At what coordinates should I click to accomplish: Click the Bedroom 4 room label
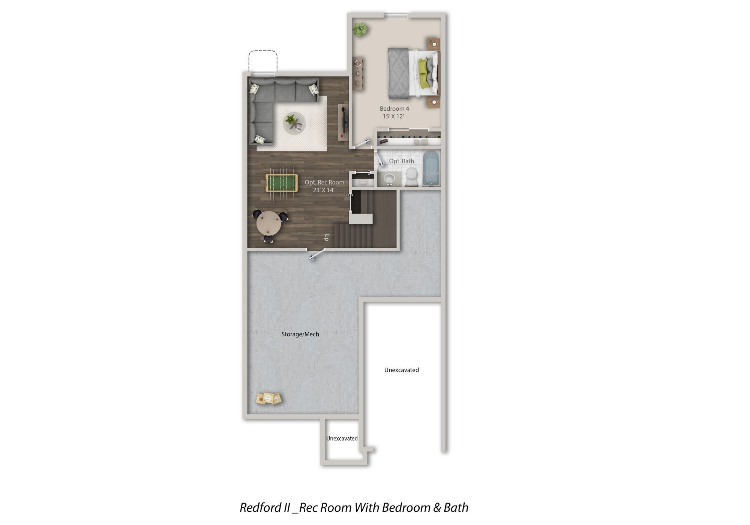(x=394, y=109)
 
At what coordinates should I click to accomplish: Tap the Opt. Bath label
(x=401, y=161)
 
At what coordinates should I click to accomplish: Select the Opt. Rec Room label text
(x=324, y=182)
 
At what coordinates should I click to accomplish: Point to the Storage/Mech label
(x=300, y=334)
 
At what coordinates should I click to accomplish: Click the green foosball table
(x=282, y=183)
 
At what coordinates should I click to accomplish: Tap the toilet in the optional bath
(x=412, y=177)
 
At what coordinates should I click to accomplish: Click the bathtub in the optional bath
(x=431, y=168)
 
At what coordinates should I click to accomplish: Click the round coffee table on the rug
(x=294, y=123)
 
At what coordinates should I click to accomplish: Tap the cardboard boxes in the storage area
(x=268, y=399)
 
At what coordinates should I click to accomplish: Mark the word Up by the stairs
(x=327, y=237)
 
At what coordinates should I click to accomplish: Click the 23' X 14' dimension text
(x=324, y=190)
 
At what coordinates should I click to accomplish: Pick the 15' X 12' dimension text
(x=393, y=116)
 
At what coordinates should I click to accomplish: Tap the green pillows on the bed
(x=423, y=73)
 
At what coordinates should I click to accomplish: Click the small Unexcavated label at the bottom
(x=342, y=438)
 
